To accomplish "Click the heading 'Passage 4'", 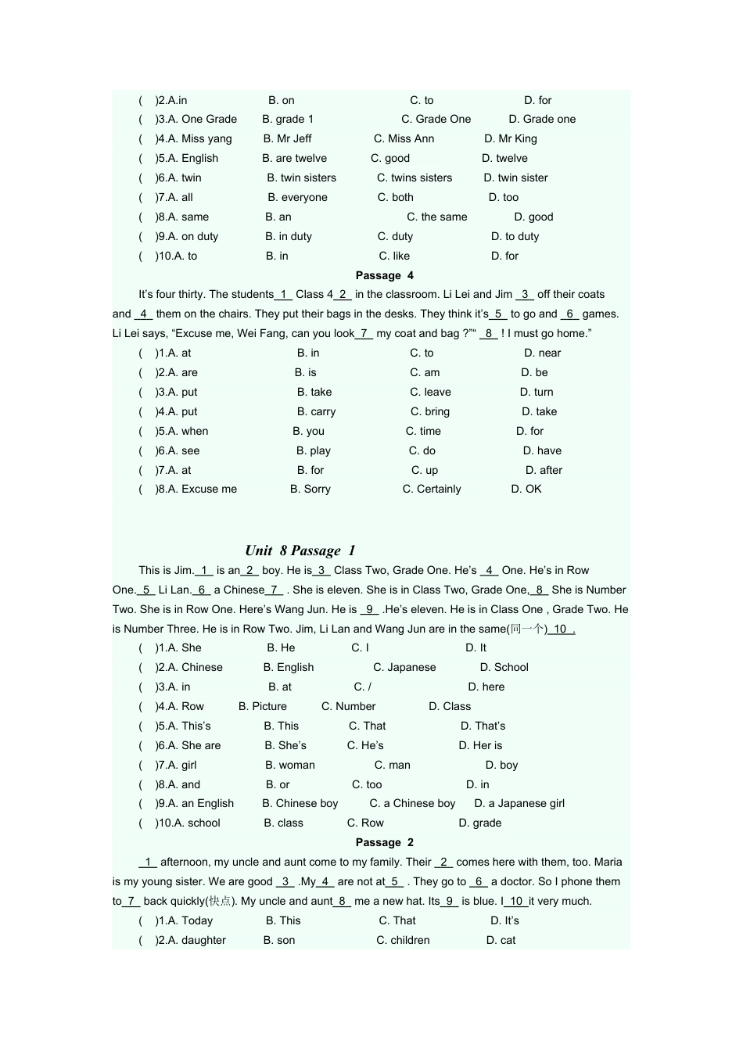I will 384,275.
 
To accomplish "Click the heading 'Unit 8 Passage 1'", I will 300,551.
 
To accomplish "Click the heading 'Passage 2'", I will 384,842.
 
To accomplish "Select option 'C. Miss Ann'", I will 404,138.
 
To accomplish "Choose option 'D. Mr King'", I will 510,138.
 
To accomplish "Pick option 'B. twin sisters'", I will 301,178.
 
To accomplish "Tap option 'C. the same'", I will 436,217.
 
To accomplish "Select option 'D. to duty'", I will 515,236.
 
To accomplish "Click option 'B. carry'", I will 316,411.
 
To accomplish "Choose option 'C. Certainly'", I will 432,489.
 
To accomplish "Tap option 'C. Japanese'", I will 404,667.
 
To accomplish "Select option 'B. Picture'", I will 263,706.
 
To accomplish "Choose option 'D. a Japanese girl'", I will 519,803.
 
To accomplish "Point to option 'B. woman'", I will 290,765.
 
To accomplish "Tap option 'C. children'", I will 403,940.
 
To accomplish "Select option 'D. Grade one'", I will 542,119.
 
